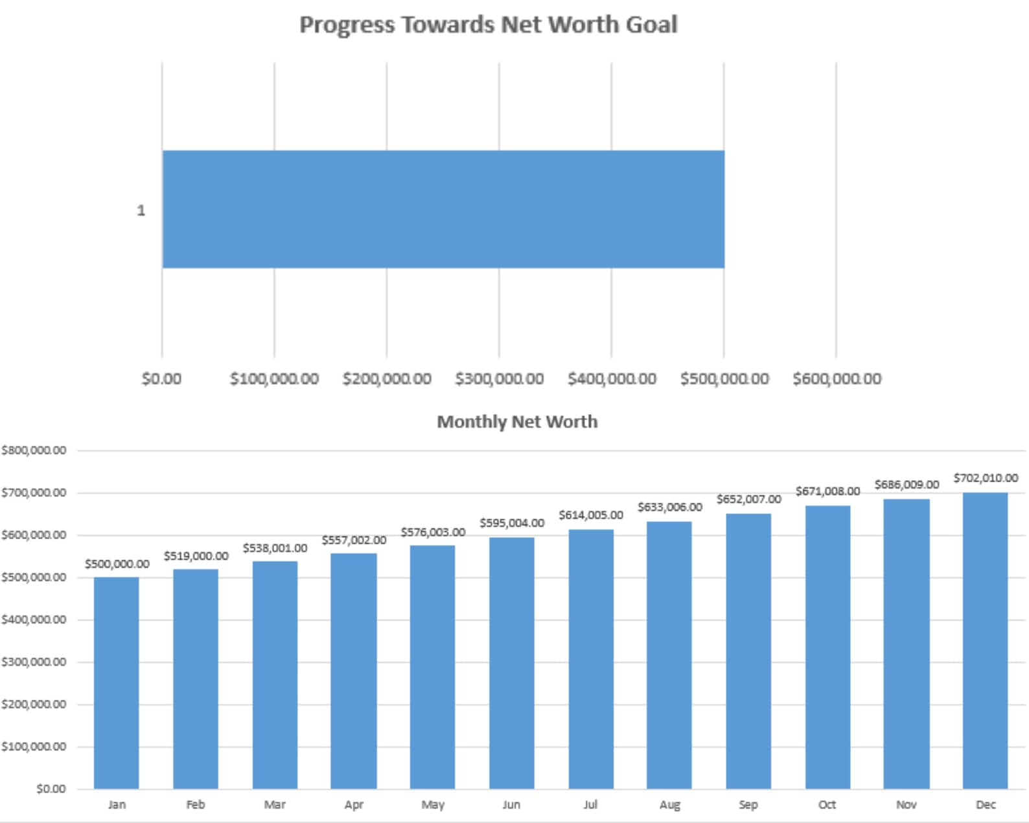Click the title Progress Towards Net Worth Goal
coord(488,25)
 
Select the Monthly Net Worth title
coord(516,422)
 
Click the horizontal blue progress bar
coord(443,209)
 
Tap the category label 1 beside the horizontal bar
coord(141,211)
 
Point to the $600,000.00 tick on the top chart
coord(836,378)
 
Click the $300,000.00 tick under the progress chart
coord(499,378)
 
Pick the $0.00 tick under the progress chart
coord(161,378)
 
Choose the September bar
coord(748,651)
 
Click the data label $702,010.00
coord(985,478)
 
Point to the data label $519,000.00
coord(196,556)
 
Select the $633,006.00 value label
coord(669,507)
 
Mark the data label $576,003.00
coord(432,532)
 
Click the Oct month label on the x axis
coord(827,804)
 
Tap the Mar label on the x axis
coord(275,804)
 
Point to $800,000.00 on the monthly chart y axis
coord(34,450)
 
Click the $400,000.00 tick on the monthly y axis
coord(34,620)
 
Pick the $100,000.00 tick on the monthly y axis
coord(34,747)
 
